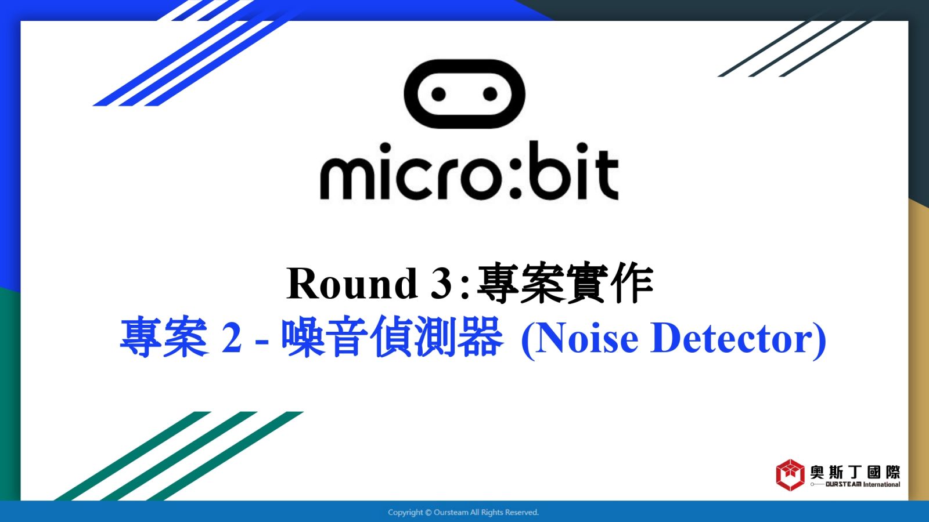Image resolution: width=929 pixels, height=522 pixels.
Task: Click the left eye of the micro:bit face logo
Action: point(438,94)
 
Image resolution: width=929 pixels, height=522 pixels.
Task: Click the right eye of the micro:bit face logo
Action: point(490,94)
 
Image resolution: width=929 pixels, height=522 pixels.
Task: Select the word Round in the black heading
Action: point(352,284)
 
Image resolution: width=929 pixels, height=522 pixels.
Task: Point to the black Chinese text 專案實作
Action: point(566,283)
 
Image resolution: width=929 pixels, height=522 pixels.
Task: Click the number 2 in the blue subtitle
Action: point(232,338)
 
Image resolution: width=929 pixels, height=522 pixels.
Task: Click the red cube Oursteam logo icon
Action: point(790,475)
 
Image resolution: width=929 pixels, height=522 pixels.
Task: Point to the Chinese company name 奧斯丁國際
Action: point(855,472)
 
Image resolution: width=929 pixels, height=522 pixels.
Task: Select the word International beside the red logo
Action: point(882,484)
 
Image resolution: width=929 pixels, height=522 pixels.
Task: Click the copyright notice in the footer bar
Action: point(463,513)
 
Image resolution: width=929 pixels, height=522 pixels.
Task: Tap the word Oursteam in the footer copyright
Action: point(451,513)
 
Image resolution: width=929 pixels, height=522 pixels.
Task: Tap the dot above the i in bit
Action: point(582,148)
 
